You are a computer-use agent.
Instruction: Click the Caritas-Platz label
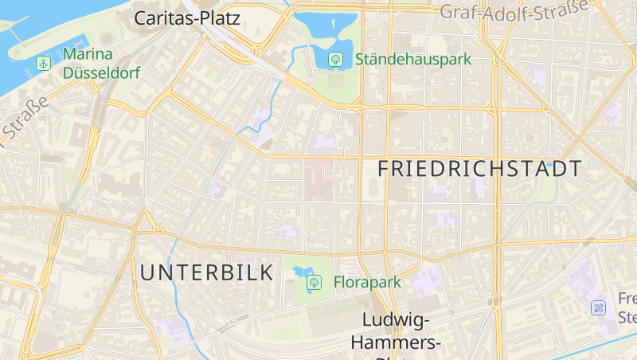tap(187, 18)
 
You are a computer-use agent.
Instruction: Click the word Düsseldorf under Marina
tap(101, 73)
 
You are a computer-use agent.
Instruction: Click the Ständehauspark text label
tap(412, 59)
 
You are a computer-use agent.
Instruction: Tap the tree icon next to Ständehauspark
tap(336, 59)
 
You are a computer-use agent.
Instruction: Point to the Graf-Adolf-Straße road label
tap(514, 10)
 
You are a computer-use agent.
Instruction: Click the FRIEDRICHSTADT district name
tap(479, 169)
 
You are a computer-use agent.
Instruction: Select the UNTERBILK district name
tap(207, 272)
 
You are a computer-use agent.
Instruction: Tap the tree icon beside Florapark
tap(314, 282)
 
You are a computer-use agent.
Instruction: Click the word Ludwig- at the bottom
tap(396, 320)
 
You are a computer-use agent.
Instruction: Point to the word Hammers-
tap(396, 342)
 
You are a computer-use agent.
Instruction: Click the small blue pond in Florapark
tap(301, 271)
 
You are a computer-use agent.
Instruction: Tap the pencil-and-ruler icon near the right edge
tap(598, 307)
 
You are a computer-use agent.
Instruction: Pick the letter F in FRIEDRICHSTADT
tap(385, 169)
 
